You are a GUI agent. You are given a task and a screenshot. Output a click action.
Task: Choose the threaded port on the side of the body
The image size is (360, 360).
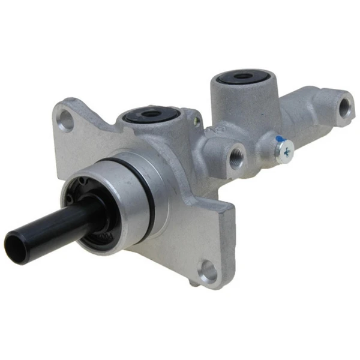[x=236, y=154]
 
